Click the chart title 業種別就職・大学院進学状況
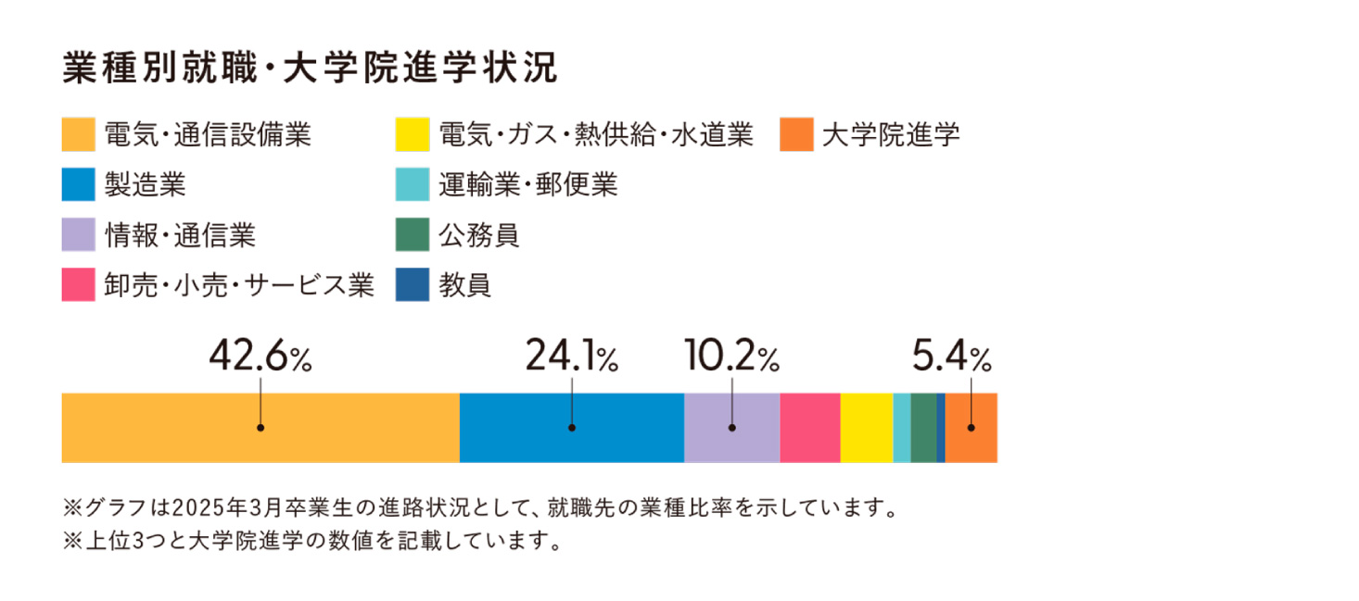[310, 69]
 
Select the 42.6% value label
[260, 357]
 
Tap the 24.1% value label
[572, 357]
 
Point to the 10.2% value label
[731, 357]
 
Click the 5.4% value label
[952, 357]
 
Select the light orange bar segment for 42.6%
[260, 428]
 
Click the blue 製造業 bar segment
[572, 428]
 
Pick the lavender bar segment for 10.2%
[731, 428]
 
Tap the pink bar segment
[810, 428]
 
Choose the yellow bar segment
[867, 428]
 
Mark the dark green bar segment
[923, 428]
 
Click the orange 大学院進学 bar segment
[972, 428]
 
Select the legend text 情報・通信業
[180, 236]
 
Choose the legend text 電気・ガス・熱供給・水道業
[596, 135]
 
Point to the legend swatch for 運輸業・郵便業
[412, 185]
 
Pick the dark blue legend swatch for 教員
[412, 285]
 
